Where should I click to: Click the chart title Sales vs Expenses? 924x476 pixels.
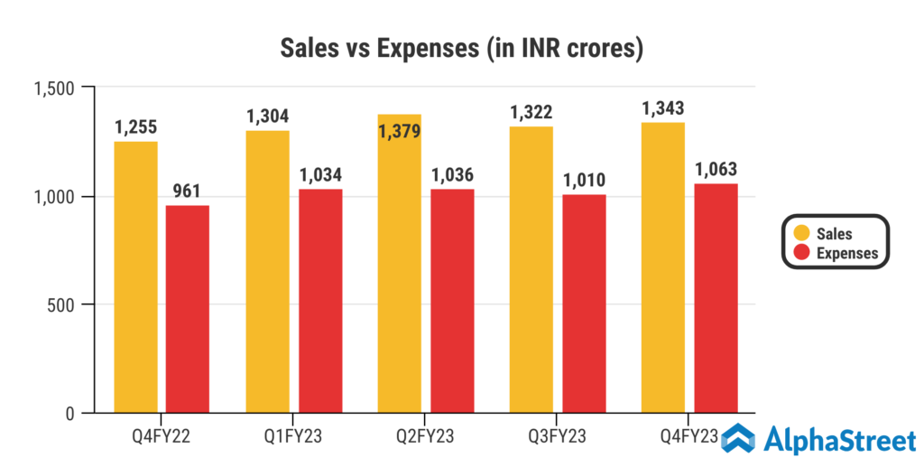click(x=461, y=49)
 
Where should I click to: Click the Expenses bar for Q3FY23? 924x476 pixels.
click(x=584, y=303)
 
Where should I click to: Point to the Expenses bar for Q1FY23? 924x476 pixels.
click(x=320, y=301)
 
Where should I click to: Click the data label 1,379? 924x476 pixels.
click(x=399, y=132)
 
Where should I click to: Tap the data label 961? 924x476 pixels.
click(x=188, y=191)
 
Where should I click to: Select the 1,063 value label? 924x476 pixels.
click(x=716, y=169)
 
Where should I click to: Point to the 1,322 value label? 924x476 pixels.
click(x=531, y=112)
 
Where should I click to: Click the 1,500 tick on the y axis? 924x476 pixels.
click(x=53, y=88)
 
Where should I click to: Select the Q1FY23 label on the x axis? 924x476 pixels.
click(x=293, y=437)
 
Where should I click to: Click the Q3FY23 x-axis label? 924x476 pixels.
click(x=557, y=437)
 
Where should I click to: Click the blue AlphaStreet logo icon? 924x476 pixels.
click(x=738, y=439)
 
